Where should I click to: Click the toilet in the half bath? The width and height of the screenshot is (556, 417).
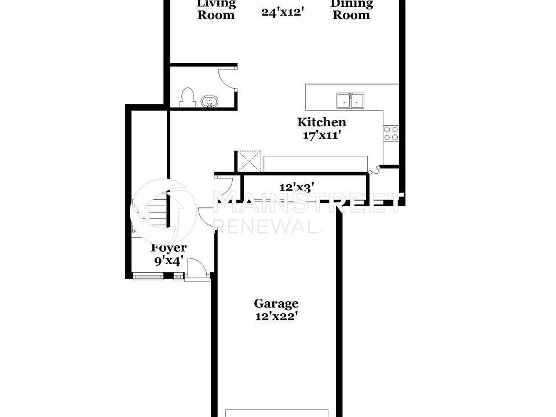pos(187,98)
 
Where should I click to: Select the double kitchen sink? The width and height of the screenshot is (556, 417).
pos(350,101)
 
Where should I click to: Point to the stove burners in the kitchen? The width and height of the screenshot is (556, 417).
pos(391,133)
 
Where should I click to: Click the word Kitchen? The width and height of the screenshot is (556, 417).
pos(321,122)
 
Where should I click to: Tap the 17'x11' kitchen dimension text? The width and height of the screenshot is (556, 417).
pos(321,136)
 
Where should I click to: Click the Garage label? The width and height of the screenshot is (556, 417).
pos(276,303)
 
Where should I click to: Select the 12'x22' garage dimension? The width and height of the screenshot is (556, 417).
pos(276,316)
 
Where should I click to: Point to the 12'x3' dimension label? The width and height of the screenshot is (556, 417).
pos(297,187)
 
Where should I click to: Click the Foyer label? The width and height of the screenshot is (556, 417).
pos(169,248)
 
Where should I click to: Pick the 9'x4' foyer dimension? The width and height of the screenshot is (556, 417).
pos(169,261)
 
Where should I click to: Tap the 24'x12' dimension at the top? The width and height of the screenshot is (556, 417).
pos(283,12)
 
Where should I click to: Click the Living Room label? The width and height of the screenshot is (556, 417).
pos(216,9)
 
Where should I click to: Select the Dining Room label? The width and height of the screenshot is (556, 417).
pos(351,9)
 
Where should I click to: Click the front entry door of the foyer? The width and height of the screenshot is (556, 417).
pos(197,270)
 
